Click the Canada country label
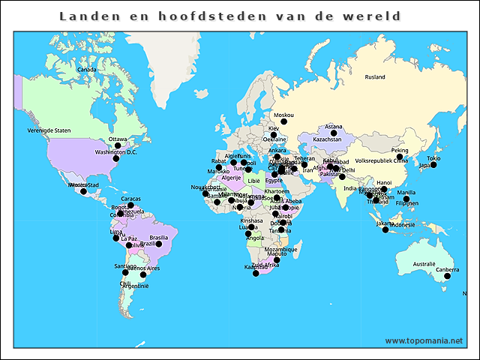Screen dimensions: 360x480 point(87,70)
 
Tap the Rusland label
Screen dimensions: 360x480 point(375,77)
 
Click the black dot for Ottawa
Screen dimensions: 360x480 point(117,146)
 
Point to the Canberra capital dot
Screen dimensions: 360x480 point(447,277)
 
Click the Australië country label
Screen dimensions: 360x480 point(424,264)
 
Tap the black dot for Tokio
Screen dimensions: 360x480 point(433,165)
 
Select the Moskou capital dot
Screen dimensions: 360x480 point(283,123)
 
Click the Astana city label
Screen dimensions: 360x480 point(334,127)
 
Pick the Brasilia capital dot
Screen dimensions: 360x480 point(158,244)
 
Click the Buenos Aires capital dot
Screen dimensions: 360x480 point(143,274)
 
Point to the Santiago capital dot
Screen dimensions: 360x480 point(125,272)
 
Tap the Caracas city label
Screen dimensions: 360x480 point(130,199)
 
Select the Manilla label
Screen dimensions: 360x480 point(406,193)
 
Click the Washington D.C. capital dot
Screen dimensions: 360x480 point(115,159)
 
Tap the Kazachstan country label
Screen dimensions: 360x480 point(327,139)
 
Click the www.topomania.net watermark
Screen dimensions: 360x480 point(424,341)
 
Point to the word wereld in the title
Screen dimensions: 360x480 point(372,16)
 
